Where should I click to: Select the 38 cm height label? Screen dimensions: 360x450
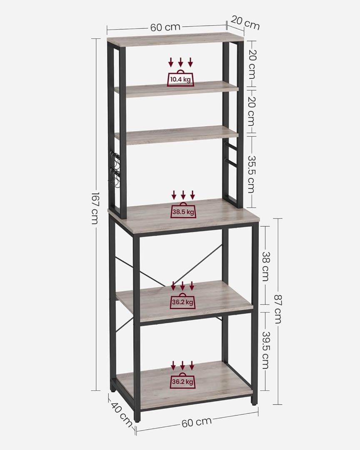pyautogui.click(x=266, y=267)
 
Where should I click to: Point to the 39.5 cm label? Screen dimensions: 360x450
pyautogui.click(x=266, y=350)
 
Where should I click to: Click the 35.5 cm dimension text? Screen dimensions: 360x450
pyautogui.click(x=252, y=174)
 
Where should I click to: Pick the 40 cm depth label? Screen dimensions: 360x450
pyautogui.click(x=121, y=415)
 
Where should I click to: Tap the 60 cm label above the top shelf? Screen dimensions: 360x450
pyautogui.click(x=165, y=27)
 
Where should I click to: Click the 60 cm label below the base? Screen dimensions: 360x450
pyautogui.click(x=197, y=422)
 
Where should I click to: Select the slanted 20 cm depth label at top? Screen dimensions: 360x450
pyautogui.click(x=245, y=23)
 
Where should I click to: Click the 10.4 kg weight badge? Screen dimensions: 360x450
pyautogui.click(x=180, y=78)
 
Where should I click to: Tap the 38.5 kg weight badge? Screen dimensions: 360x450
pyautogui.click(x=183, y=211)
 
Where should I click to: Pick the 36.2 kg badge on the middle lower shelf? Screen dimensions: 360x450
pyautogui.click(x=182, y=301)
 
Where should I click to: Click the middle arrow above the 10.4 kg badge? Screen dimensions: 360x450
pyautogui.click(x=180, y=62)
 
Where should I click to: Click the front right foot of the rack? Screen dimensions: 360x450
pyautogui.click(x=253, y=401)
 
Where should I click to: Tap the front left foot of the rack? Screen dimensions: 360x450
pyautogui.click(x=137, y=417)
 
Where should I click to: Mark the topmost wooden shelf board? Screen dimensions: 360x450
pyautogui.click(x=176, y=39)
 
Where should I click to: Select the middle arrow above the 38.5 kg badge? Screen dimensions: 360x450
pyautogui.click(x=183, y=195)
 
